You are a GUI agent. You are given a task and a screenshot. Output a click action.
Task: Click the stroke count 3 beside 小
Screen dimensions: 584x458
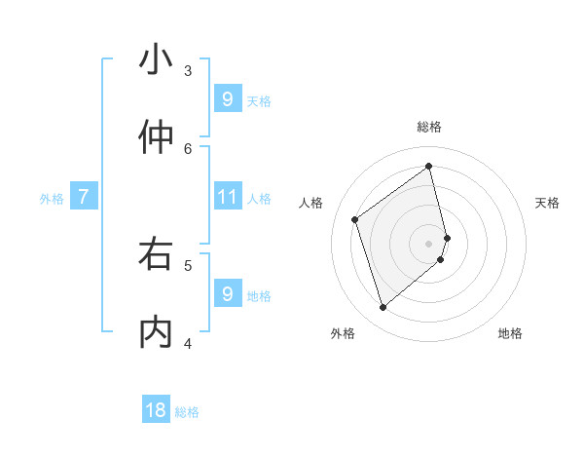[188, 70]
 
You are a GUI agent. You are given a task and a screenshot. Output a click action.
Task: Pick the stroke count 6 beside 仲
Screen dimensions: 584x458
[188, 148]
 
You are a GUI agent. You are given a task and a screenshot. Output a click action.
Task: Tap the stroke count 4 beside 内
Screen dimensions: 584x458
[188, 343]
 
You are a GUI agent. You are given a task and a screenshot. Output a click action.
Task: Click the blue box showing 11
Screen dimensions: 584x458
[227, 198]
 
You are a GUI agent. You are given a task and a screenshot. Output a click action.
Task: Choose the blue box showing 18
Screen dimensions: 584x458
[156, 410]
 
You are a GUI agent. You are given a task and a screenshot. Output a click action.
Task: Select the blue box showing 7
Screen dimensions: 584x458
[84, 198]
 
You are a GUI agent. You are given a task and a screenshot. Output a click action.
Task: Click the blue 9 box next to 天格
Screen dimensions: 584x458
[227, 99]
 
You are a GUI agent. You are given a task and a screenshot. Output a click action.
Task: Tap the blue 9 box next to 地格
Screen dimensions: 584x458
[227, 294]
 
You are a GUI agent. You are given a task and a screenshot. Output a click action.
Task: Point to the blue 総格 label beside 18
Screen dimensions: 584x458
[187, 412]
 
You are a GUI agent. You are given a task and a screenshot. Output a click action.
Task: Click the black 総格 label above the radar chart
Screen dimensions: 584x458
[428, 127]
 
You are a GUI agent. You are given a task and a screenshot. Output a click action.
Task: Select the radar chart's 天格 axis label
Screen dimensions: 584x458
[547, 203]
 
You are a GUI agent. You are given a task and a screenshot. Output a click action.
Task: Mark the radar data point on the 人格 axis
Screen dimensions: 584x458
[355, 219]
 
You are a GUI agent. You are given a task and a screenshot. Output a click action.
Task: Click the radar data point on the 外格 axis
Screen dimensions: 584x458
[383, 308]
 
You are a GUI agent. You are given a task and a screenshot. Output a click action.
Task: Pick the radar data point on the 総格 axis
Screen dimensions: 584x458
[428, 167]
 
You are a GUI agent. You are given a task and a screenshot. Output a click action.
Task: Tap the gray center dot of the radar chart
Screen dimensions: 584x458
[428, 243]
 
